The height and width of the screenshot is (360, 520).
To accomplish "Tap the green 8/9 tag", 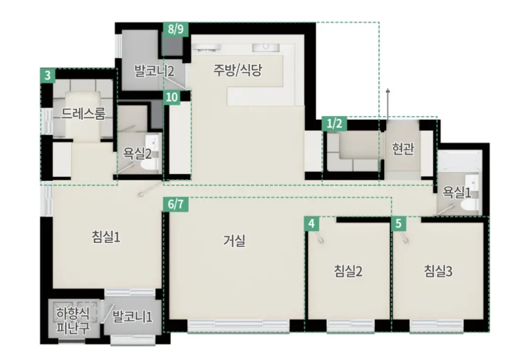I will pos(176,29).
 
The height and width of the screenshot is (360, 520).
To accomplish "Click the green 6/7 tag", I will pos(176,204).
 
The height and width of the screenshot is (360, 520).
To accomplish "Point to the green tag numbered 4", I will pos(311,223).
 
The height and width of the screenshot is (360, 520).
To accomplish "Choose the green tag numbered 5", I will pos(399,223).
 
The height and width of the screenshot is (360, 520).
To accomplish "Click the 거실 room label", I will pos(234,241).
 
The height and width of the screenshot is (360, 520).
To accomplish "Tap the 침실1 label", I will pos(106,236).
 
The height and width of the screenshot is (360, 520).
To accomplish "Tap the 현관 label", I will pos(403,149).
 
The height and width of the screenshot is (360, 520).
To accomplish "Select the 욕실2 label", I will pos(137,154).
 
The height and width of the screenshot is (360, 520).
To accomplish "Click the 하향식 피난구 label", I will pos(73,320).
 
